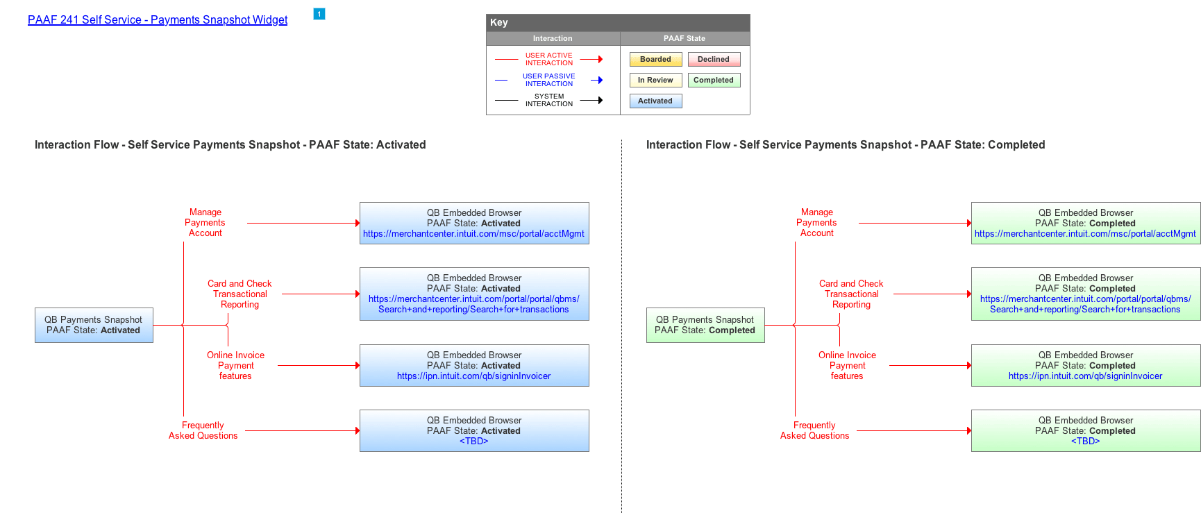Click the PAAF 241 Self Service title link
pyautogui.click(x=158, y=20)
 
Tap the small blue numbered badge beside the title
pyautogui.click(x=319, y=14)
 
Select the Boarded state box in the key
pyautogui.click(x=656, y=60)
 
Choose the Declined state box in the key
pyautogui.click(x=714, y=60)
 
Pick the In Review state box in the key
pyautogui.click(x=656, y=81)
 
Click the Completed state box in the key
pyautogui.click(x=714, y=81)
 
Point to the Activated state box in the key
pyautogui.click(x=656, y=101)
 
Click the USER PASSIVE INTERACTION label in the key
pyautogui.click(x=549, y=80)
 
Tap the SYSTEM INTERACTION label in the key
pyautogui.click(x=549, y=100)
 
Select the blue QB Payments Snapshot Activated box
pyautogui.click(x=94, y=326)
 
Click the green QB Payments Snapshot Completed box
pyautogui.click(x=705, y=326)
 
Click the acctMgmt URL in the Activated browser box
pyautogui.click(x=473, y=234)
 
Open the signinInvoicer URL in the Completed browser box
pyautogui.click(x=1085, y=376)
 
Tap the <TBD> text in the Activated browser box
pyautogui.click(x=474, y=441)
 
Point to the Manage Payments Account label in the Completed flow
pyautogui.click(x=816, y=223)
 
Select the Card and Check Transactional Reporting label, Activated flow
pyautogui.click(x=240, y=294)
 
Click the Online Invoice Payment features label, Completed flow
pyautogui.click(x=847, y=366)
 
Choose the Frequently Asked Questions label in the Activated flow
pyautogui.click(x=203, y=430)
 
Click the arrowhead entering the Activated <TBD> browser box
pyautogui.click(x=358, y=431)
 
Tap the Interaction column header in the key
pyautogui.click(x=553, y=39)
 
